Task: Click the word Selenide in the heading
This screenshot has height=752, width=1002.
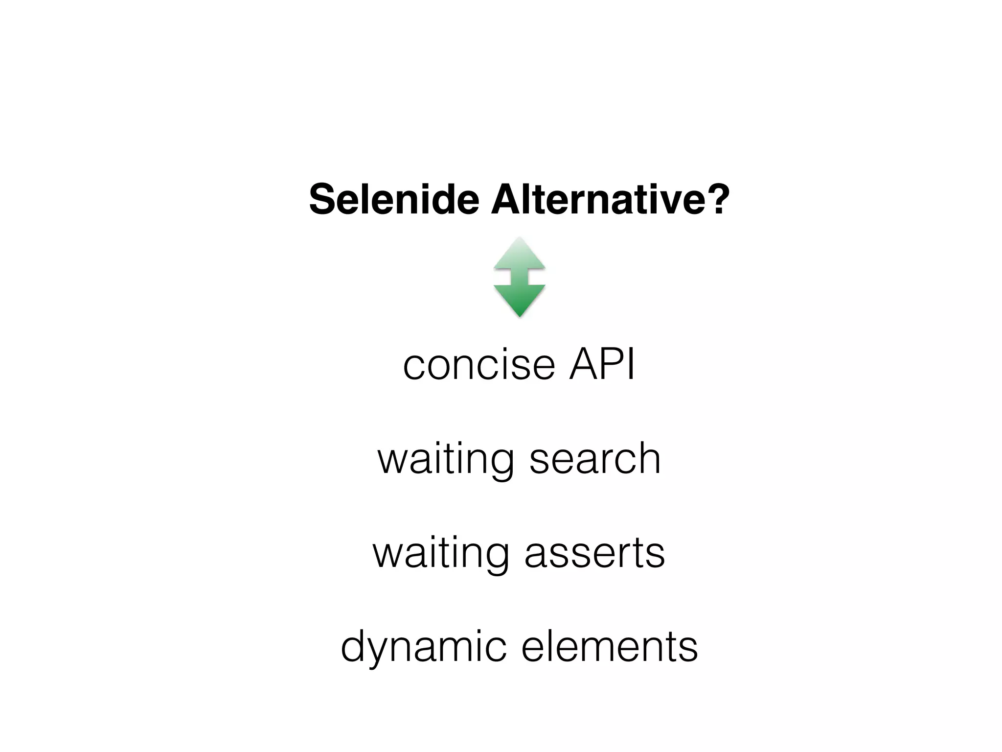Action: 394,200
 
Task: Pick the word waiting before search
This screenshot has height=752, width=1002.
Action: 445,459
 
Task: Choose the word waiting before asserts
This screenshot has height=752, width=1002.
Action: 440,553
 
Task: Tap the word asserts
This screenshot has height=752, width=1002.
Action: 594,553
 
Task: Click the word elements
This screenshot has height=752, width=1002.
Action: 610,646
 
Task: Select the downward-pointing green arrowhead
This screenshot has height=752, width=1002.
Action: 519,300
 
